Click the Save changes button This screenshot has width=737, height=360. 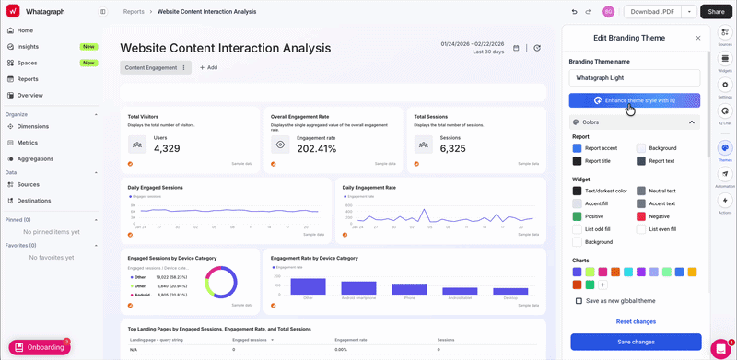[x=636, y=342]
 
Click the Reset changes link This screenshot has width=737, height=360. [x=636, y=321]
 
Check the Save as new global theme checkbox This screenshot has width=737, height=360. [x=579, y=301]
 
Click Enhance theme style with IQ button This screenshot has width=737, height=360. [x=635, y=99]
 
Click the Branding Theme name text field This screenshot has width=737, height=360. [x=635, y=78]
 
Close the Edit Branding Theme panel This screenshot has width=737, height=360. [x=697, y=38]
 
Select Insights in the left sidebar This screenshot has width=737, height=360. [x=28, y=46]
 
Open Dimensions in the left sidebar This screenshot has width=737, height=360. [x=33, y=126]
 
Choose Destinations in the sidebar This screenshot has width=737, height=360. [x=34, y=200]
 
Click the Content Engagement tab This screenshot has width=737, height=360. [x=150, y=67]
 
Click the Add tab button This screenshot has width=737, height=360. [x=207, y=67]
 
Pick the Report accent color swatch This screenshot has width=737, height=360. [x=577, y=147]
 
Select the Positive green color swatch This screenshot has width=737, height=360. [x=577, y=216]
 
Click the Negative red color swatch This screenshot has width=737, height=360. [x=640, y=216]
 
